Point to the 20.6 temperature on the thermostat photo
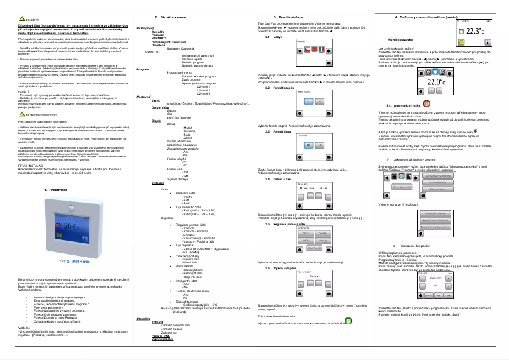pyautogui.click(x=55, y=244)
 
